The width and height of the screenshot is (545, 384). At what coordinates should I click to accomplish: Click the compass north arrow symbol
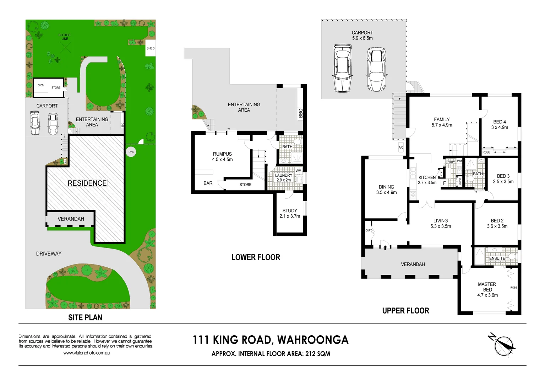(503, 344)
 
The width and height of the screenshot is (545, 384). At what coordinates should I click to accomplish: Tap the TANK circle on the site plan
(131, 152)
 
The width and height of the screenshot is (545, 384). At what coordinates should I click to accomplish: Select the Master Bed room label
(487, 289)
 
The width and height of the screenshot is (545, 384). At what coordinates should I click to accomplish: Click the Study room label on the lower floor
(290, 213)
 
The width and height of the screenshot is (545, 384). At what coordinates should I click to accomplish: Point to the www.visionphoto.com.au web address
(86, 353)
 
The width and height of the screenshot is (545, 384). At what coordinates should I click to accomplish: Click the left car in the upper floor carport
(342, 68)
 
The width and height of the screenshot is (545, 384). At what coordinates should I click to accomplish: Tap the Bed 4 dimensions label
(500, 127)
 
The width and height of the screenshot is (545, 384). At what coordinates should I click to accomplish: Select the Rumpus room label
(222, 157)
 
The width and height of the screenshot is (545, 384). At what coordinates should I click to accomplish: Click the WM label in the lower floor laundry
(298, 171)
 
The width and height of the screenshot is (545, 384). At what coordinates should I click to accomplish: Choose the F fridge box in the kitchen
(444, 183)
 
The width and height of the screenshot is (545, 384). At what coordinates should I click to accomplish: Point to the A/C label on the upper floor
(401, 148)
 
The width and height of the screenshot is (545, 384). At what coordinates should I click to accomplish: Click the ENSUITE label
(497, 258)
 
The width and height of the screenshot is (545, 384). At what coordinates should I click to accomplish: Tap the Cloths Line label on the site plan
(64, 37)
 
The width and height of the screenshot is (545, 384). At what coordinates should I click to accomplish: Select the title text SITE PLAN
(85, 318)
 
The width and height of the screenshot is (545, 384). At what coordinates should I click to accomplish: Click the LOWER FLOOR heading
(256, 257)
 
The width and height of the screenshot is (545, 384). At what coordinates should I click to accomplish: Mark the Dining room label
(386, 190)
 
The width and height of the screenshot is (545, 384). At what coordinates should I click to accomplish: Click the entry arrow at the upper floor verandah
(385, 247)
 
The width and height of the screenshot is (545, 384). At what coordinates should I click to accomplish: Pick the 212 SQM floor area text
(317, 354)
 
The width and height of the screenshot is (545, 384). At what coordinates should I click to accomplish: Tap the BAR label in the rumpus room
(208, 183)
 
